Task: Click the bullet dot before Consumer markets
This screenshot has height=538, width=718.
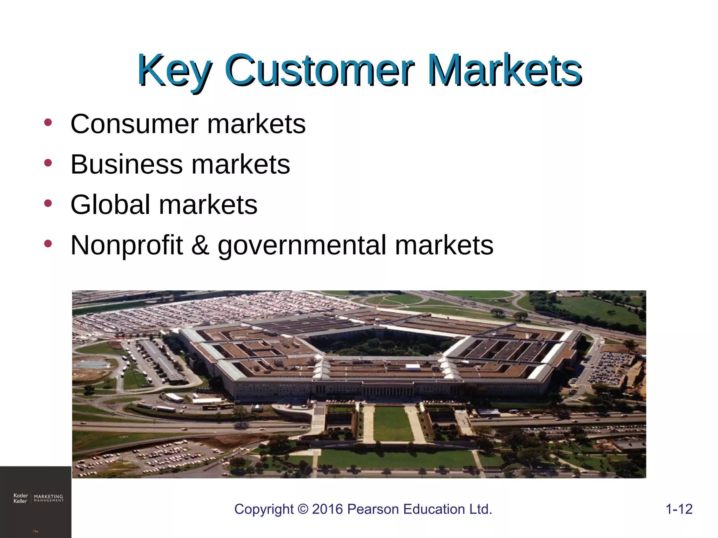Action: point(48,123)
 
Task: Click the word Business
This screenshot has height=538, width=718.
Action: point(127,164)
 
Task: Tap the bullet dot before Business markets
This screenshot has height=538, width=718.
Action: point(48,163)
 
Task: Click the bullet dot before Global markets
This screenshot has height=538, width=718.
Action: point(48,203)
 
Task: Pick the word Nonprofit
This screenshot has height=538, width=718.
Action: point(127,245)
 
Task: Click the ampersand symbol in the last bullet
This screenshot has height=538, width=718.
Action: point(200,245)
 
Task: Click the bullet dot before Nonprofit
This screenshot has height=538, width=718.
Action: point(48,243)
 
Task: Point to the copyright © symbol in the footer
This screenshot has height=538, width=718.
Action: point(303,509)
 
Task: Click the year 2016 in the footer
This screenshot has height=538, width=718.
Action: point(327,509)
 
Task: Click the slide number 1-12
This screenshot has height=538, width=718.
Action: point(679,509)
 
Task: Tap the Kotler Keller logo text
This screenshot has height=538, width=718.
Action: point(20,498)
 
